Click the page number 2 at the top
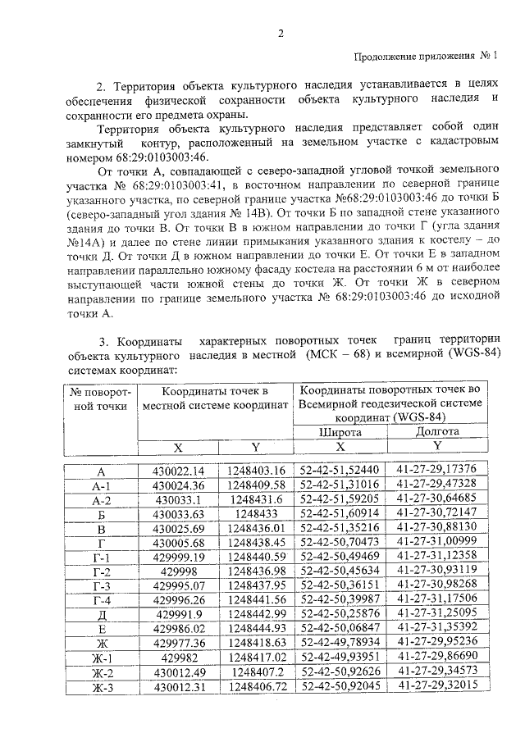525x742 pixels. [x=281, y=34]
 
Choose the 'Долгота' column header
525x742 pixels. [x=437, y=431]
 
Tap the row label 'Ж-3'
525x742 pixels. [x=101, y=685]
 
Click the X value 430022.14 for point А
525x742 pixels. [x=178, y=471]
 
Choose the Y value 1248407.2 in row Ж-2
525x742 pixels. [x=256, y=670]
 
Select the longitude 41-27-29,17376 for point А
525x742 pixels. [x=437, y=471]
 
